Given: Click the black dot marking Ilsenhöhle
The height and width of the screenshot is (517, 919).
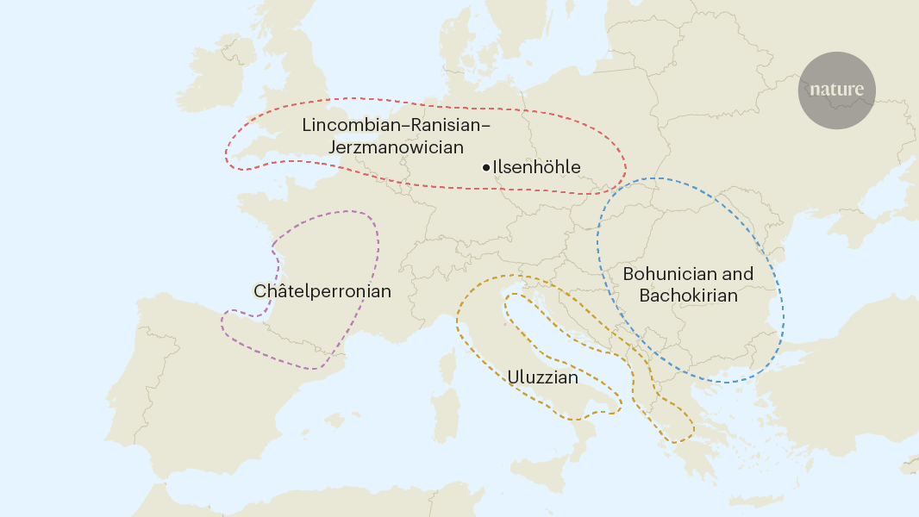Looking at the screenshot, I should click(486, 167).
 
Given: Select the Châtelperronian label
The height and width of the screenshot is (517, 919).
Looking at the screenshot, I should click(322, 291).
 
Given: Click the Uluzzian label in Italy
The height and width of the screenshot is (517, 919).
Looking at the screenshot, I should click(542, 377).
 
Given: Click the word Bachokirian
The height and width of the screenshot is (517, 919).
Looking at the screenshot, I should click(688, 296).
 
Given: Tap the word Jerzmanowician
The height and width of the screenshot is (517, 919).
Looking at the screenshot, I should click(396, 147).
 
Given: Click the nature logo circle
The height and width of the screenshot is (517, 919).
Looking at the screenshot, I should click(835, 90).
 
